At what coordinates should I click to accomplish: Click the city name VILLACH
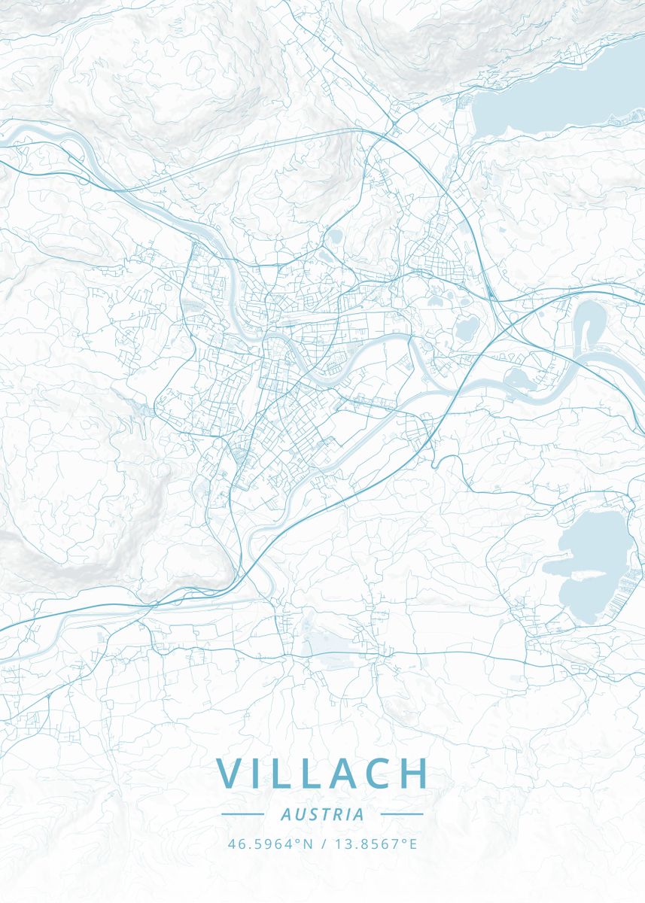click(322, 773)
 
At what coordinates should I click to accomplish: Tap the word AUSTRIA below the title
click(322, 814)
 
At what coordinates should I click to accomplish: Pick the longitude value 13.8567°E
click(374, 844)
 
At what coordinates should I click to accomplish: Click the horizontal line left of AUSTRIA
click(242, 813)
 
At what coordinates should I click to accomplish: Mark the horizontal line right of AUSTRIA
click(402, 813)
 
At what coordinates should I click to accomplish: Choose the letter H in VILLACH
click(414, 773)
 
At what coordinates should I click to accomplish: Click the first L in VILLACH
click(284, 773)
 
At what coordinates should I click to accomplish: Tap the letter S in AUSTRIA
click(309, 814)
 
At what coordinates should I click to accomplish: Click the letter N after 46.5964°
click(307, 844)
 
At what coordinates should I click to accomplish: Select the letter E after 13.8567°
click(412, 844)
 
